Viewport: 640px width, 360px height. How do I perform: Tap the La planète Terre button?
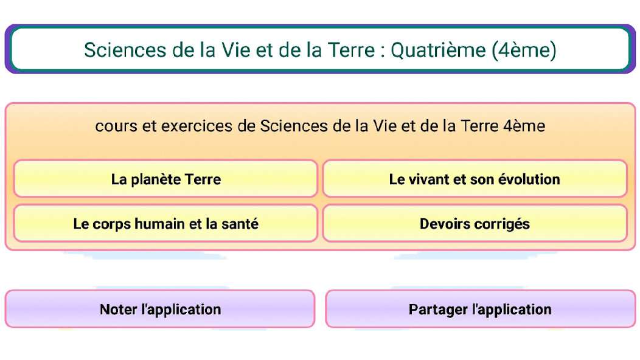pyautogui.click(x=165, y=179)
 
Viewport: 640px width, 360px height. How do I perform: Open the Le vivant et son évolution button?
pyautogui.click(x=475, y=179)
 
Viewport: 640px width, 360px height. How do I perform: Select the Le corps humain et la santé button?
pyautogui.click(x=165, y=223)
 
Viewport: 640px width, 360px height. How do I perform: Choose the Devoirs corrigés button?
pyautogui.click(x=475, y=223)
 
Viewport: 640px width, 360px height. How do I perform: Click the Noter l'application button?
pyautogui.click(x=160, y=309)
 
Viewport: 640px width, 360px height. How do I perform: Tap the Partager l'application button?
pyautogui.click(x=481, y=309)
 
